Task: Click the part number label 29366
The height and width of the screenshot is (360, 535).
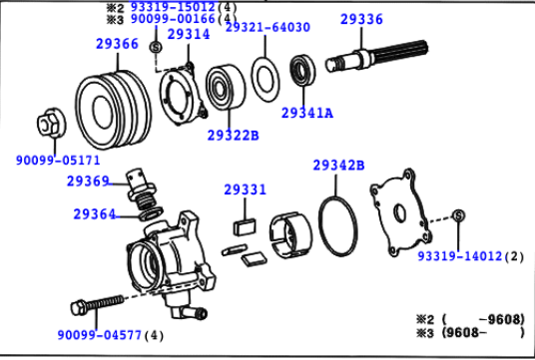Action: pyautogui.click(x=117, y=44)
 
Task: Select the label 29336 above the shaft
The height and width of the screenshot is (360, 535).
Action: pyautogui.click(x=361, y=19)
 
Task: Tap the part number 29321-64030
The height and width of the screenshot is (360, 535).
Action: pyautogui.click(x=267, y=27)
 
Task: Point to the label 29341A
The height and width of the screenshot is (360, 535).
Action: pyautogui.click(x=307, y=113)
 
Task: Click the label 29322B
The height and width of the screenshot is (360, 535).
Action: pyautogui.click(x=233, y=136)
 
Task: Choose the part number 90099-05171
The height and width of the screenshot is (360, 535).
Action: pyautogui.click(x=58, y=160)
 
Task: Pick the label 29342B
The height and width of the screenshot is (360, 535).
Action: pyautogui.click(x=338, y=166)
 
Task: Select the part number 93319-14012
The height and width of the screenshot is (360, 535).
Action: pyautogui.click(x=460, y=256)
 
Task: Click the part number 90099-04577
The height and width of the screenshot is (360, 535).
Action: pyautogui.click(x=99, y=335)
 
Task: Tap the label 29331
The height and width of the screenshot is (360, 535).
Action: pyautogui.click(x=245, y=189)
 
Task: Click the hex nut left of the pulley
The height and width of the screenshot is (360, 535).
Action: pyautogui.click(x=52, y=123)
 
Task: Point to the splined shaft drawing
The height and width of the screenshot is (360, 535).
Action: pyautogui.click(x=376, y=56)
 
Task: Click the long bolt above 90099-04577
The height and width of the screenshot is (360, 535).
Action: pyautogui.click(x=98, y=304)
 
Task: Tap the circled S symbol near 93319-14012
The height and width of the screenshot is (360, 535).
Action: pyautogui.click(x=458, y=215)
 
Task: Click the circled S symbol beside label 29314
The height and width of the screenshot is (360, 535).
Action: pyautogui.click(x=156, y=47)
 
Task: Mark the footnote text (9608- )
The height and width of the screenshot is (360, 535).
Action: pyautogui.click(x=483, y=332)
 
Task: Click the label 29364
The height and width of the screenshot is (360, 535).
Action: pyautogui.click(x=95, y=214)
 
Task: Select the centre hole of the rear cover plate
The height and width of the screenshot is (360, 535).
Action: pyautogui.click(x=399, y=213)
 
